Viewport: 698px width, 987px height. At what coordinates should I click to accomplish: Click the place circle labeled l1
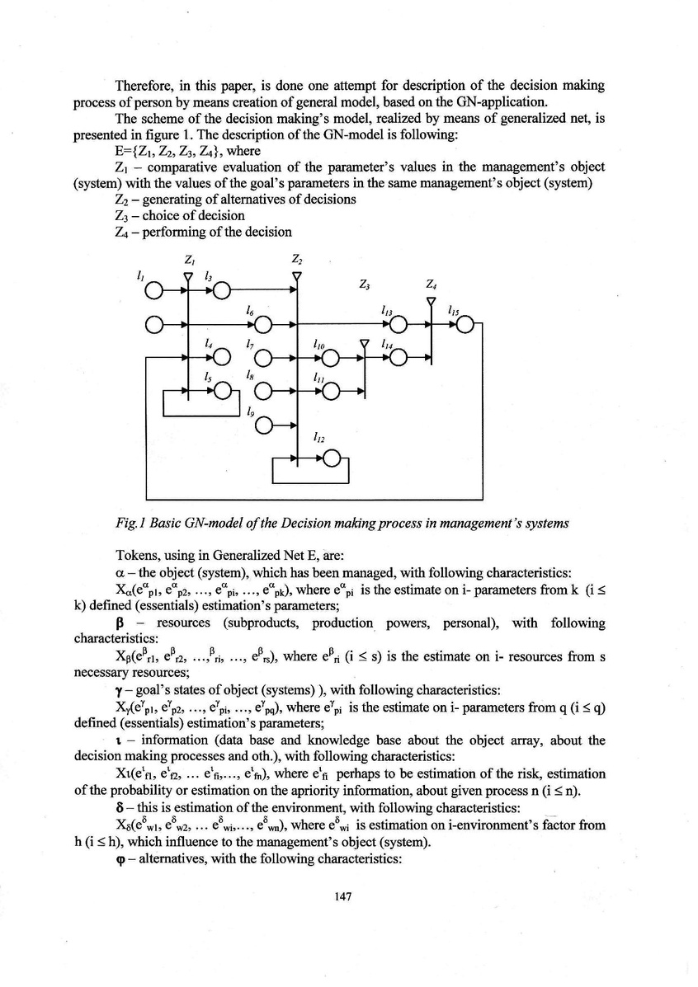coord(153,290)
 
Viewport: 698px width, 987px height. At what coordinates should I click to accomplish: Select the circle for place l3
coord(221,290)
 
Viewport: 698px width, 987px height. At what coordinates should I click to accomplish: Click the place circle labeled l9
coord(263,425)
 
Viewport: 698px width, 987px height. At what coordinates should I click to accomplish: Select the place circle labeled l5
coord(221,391)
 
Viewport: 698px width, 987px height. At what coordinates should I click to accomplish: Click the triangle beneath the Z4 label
coord(431,301)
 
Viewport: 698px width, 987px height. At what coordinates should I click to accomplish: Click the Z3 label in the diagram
coord(364,285)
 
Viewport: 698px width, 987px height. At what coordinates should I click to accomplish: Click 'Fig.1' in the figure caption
coord(133,520)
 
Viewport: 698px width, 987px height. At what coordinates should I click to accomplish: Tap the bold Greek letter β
coord(120,622)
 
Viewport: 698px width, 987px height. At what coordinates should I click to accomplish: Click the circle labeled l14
coord(399,357)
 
